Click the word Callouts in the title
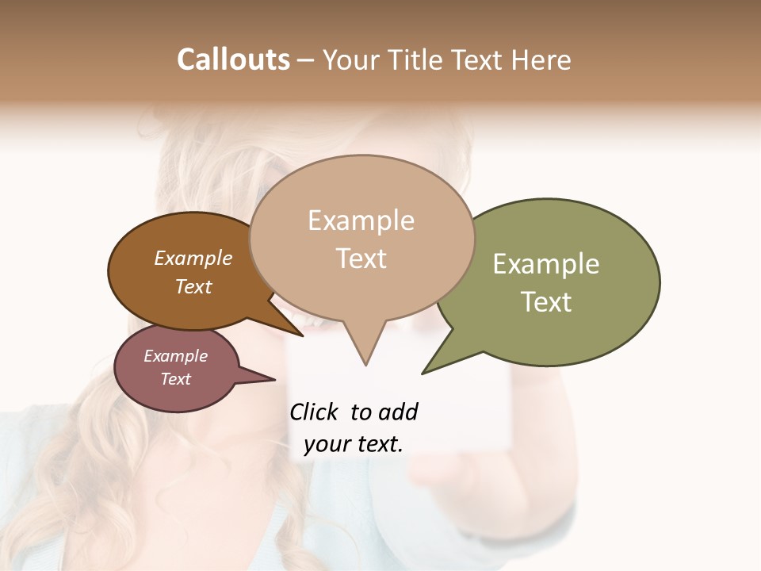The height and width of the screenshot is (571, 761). click(x=233, y=59)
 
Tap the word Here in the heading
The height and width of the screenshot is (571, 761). click(x=541, y=59)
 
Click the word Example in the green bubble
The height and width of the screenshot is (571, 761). click(x=546, y=264)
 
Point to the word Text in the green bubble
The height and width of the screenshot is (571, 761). click(x=546, y=302)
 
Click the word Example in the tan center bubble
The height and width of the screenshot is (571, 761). click(x=361, y=220)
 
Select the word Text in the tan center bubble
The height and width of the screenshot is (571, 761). click(x=361, y=259)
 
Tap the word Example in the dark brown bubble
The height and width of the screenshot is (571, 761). click(x=193, y=258)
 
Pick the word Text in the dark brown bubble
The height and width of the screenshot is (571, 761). click(x=193, y=286)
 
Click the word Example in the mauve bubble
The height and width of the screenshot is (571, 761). click(x=175, y=356)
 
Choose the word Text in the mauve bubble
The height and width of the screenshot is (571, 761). click(x=175, y=379)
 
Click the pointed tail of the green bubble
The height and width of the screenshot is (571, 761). click(x=425, y=371)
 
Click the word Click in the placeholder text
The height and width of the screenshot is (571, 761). click(x=314, y=412)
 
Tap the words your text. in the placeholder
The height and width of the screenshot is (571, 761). click(x=353, y=445)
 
